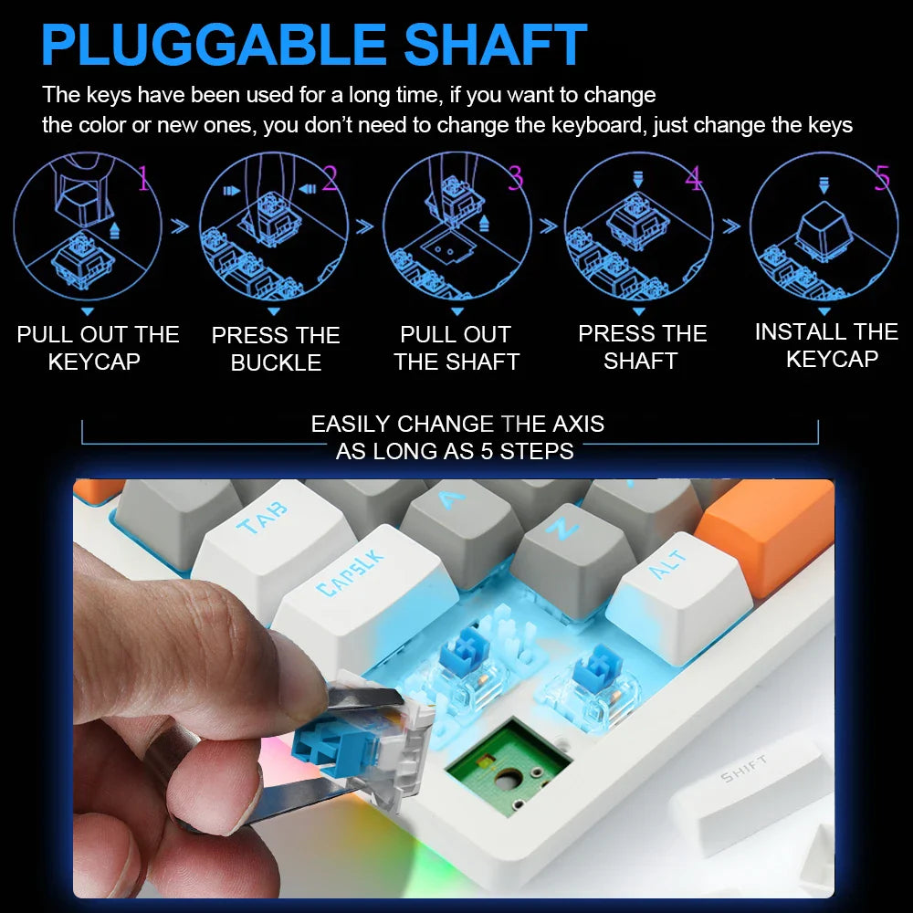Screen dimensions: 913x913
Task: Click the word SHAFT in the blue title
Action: click(x=495, y=45)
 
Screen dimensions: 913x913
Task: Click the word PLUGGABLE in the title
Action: click(x=213, y=45)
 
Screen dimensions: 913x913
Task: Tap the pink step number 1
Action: click(x=144, y=178)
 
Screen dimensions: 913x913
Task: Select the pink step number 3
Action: click(x=515, y=178)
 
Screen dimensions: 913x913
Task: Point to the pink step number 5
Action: click(x=883, y=177)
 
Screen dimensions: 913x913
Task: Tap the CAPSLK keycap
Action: click(x=361, y=588)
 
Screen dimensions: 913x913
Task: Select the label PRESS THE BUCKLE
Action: click(x=276, y=349)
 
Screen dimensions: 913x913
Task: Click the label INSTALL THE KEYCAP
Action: click(x=827, y=345)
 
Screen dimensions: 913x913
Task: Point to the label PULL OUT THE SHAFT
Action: click(x=456, y=348)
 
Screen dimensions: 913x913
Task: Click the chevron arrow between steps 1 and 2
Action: click(x=180, y=226)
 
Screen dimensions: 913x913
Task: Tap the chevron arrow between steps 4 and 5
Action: click(x=731, y=226)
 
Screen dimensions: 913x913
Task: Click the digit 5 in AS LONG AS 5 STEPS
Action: click(x=487, y=451)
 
